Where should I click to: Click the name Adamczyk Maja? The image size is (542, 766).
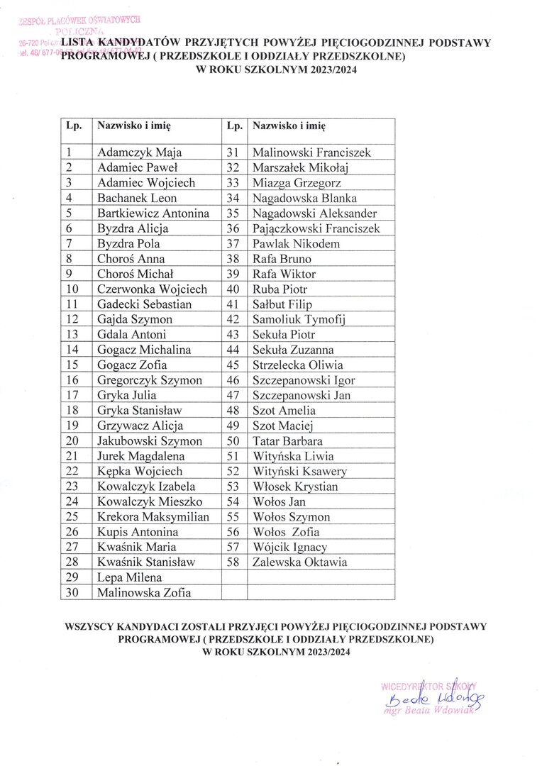(x=134, y=152)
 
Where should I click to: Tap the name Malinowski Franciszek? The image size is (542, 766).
(x=311, y=152)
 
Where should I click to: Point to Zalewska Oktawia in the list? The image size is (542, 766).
(x=299, y=562)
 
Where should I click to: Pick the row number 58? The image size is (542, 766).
(x=233, y=562)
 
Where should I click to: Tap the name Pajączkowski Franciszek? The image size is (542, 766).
(x=316, y=228)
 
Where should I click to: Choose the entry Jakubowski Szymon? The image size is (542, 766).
(x=150, y=441)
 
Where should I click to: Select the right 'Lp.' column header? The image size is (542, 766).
(x=233, y=126)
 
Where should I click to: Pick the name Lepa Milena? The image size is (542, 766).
(x=129, y=578)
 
